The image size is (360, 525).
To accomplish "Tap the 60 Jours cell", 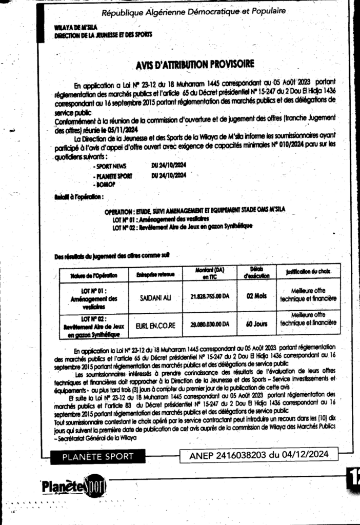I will click(x=256, y=325).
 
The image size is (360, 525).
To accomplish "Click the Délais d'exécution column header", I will click(x=256, y=272).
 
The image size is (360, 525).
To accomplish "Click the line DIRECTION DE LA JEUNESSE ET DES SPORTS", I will click(x=103, y=34).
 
